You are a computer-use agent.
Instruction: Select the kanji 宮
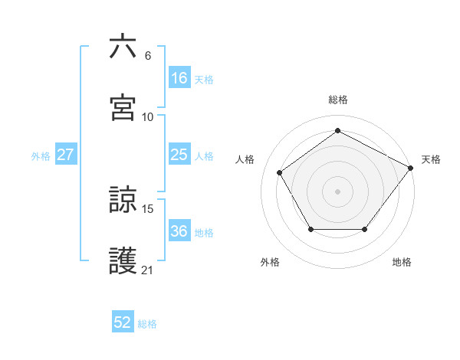[x=123, y=107]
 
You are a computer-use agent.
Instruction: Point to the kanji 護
[x=123, y=260]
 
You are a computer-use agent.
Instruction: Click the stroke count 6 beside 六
[x=148, y=55]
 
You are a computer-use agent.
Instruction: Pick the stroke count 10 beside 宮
[x=148, y=116]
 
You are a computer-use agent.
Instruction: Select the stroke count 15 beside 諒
[x=148, y=208]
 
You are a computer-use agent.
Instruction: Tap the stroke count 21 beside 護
[x=148, y=270]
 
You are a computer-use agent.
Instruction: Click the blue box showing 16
[x=179, y=77]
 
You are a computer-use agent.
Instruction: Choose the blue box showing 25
[x=179, y=155]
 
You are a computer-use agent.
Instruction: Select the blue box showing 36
[x=179, y=231]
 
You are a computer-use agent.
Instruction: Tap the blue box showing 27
[x=65, y=155]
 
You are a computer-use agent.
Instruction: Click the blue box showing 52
[x=123, y=322]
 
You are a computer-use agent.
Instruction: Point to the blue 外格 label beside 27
[x=41, y=155]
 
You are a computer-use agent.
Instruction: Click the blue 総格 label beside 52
[x=147, y=324]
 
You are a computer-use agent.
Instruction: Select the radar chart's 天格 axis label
[x=431, y=159]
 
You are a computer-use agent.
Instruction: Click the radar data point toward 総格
[x=337, y=130]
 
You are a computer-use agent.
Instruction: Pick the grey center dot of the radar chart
[x=337, y=191]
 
